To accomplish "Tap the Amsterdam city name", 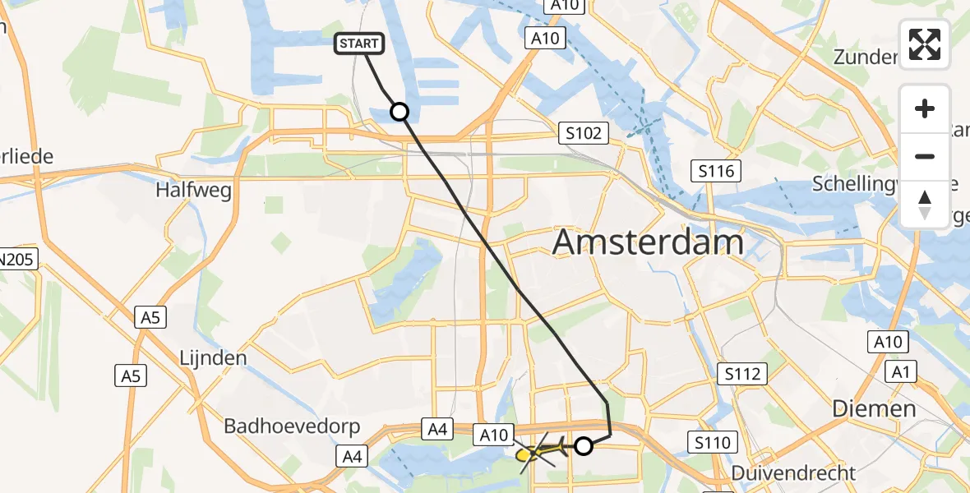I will pos(649,242).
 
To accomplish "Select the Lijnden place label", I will pos(213,358).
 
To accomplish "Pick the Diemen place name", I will pos(874,408).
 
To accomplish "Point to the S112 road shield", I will pos(742,374).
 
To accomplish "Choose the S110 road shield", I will pos(711,444).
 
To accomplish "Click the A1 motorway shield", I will pos(903,372).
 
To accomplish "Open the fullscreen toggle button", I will pos(925,44).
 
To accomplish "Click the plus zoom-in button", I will pos(925,108).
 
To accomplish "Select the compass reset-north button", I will pos(925,204).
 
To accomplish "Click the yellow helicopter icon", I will pos(538,450).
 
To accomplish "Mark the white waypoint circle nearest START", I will pos(400,111).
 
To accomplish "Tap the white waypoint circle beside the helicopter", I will pos(583,446).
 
